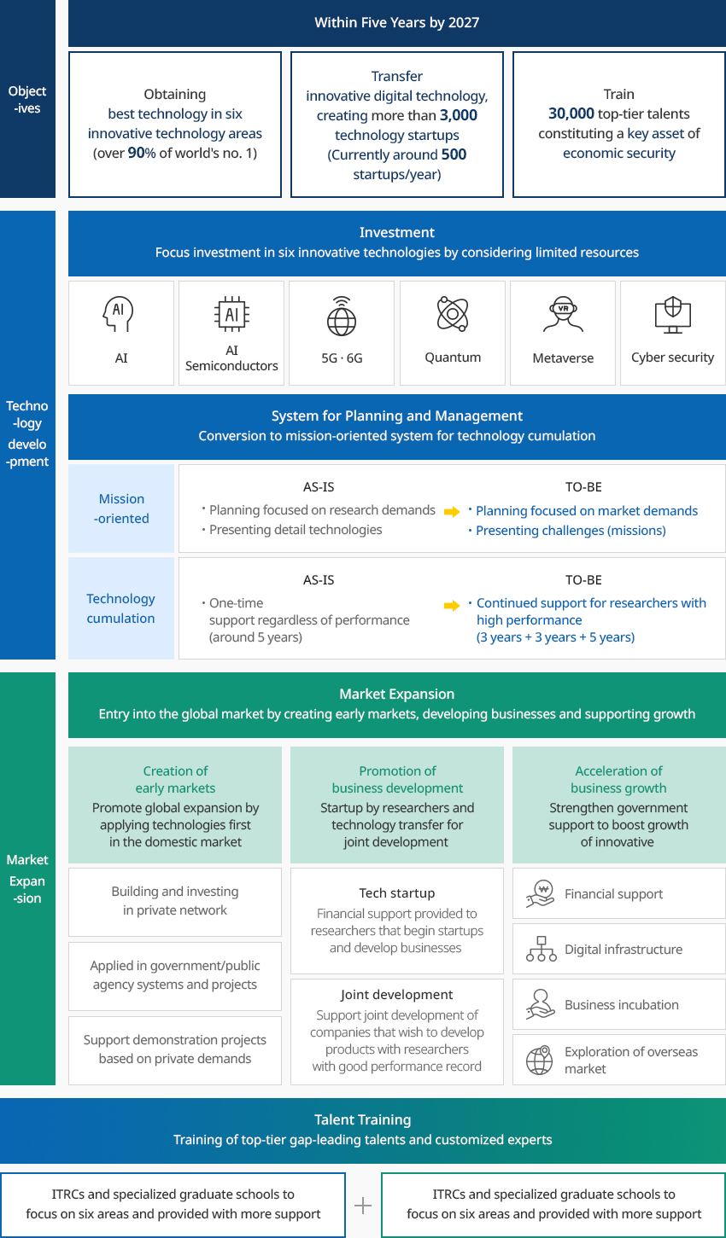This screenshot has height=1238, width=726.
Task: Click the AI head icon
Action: tap(118, 314)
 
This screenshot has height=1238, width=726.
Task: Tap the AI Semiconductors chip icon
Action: tap(231, 314)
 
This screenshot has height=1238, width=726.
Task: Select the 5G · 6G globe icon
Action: tap(342, 317)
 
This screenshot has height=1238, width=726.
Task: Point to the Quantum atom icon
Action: tap(453, 313)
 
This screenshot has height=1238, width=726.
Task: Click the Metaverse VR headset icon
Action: tap(563, 314)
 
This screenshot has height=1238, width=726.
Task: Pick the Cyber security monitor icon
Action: tap(672, 315)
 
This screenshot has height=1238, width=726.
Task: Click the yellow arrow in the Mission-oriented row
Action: tap(452, 511)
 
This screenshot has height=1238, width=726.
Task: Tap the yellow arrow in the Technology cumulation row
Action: tap(452, 605)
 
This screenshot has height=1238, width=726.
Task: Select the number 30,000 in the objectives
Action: tap(571, 113)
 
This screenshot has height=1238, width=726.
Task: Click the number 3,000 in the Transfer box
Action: tap(459, 115)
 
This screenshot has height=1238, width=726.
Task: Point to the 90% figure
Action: tap(142, 153)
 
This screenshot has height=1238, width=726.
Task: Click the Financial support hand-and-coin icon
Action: tap(540, 893)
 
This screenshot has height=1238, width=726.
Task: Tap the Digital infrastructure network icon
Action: tap(542, 949)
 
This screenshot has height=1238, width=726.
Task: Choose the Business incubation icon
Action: tap(540, 1004)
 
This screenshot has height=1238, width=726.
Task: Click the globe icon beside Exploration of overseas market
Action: tap(540, 1060)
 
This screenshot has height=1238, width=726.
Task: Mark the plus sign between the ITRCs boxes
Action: tap(363, 1205)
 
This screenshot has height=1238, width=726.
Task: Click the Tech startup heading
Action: tap(397, 893)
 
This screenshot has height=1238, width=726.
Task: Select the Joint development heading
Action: tap(397, 995)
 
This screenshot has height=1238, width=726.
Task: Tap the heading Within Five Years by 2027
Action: tap(397, 23)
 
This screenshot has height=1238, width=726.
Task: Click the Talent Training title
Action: tap(363, 1119)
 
